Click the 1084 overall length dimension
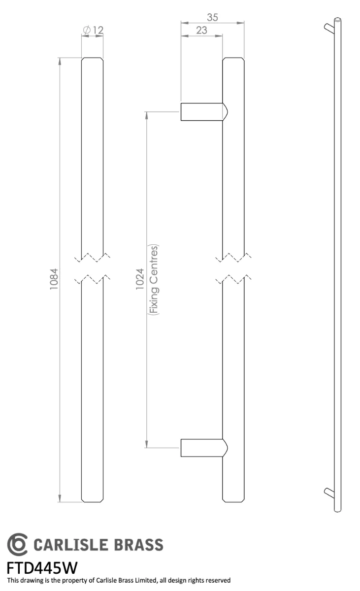(54, 279)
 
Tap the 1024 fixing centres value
(140, 279)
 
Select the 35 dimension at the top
(212, 17)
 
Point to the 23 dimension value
(201, 31)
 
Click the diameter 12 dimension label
(93, 30)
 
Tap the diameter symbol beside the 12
(87, 30)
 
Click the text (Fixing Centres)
(154, 280)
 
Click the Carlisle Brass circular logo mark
(17, 544)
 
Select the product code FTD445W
(42, 568)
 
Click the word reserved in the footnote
(218, 581)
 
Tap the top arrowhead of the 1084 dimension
(60, 61)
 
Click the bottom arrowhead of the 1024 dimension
(147, 444)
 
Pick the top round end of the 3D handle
(337, 20)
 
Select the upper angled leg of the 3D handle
(329, 28)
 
